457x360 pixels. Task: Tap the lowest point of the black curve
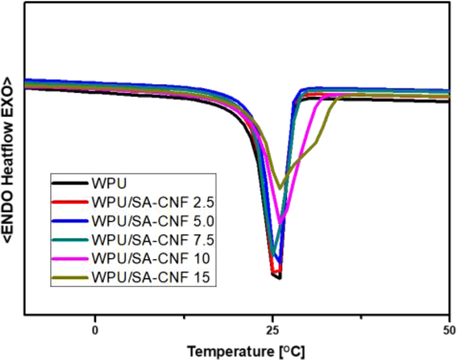click(x=279, y=278)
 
